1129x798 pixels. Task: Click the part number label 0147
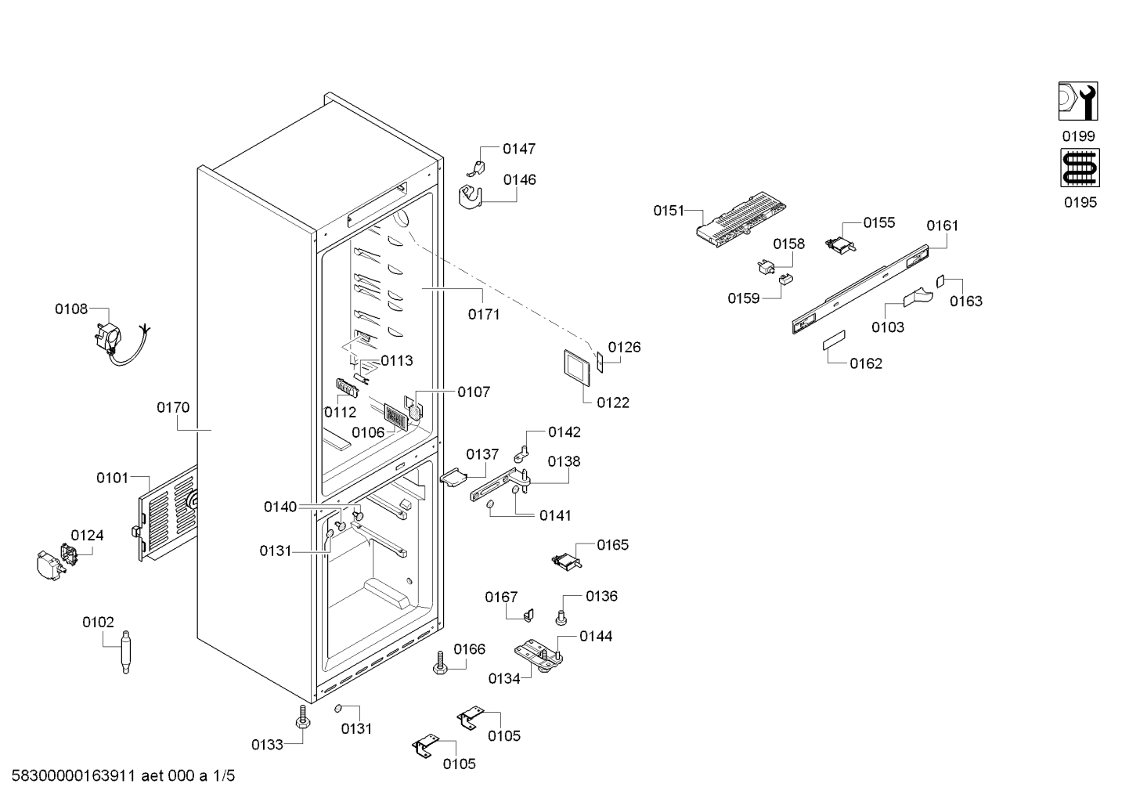click(519, 149)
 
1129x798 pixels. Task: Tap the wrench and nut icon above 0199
click(1078, 101)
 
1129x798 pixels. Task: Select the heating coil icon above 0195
click(1080, 168)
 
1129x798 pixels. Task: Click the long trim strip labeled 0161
click(860, 289)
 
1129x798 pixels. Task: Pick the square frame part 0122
click(576, 368)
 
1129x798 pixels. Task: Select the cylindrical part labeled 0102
click(125, 651)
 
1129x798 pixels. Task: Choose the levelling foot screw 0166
click(441, 663)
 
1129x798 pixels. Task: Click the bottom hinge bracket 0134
click(539, 655)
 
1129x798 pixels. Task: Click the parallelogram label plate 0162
click(834, 341)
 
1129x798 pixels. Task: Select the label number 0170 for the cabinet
click(173, 407)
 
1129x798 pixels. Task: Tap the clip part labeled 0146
click(471, 197)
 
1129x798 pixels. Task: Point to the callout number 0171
click(484, 314)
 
